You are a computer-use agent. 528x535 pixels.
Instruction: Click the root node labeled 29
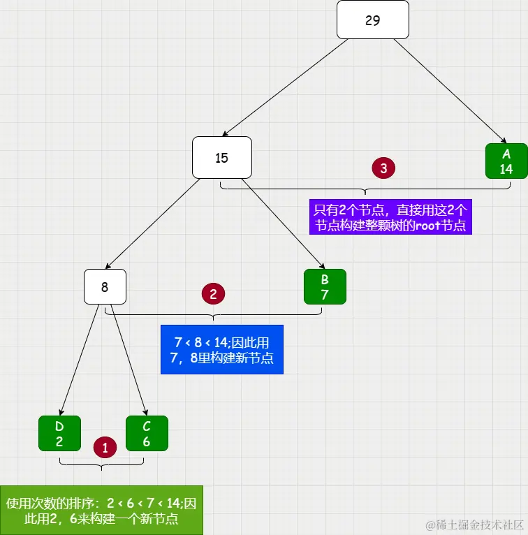coord(372,20)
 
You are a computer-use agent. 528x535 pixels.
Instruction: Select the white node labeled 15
coord(221,157)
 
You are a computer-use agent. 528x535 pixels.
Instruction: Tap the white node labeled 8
coord(105,286)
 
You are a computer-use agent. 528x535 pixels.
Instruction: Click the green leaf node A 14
coord(506,161)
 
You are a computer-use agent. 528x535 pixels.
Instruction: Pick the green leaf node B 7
coord(325,286)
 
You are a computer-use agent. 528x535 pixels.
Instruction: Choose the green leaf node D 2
coord(59,433)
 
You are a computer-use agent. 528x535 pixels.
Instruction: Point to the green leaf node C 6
coord(147,433)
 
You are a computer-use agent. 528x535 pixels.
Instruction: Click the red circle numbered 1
coord(105,448)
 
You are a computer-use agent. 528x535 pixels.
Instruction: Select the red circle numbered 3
coord(383,168)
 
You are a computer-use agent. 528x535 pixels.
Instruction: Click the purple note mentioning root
coord(390,217)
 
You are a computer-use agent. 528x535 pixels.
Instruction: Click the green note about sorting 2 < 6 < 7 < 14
coord(101,511)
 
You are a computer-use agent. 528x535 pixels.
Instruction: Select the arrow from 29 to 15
coord(286,87)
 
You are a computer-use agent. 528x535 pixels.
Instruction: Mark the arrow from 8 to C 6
coord(129,360)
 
